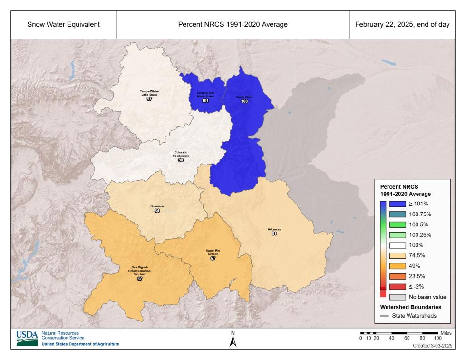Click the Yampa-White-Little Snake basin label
coord(149,93)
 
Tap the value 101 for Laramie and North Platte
coord(205,101)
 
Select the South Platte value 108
coord(245,102)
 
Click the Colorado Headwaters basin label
coord(181,154)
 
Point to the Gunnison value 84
coord(157,211)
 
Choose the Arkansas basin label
coord(274,229)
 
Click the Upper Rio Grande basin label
coord(213,252)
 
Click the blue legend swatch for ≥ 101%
coord(397,204)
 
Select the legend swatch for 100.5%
coord(397,224)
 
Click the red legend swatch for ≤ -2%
coord(397,286)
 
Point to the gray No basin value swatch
coord(397,297)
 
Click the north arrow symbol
coord(233,341)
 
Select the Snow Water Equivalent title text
coord(63,25)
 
